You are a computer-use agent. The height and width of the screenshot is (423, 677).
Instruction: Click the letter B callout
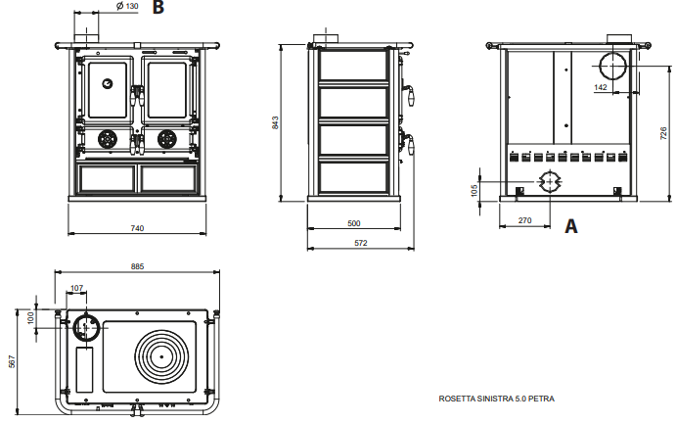pyautogui.click(x=158, y=8)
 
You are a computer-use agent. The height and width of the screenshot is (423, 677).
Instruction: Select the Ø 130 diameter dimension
pyautogui.click(x=126, y=6)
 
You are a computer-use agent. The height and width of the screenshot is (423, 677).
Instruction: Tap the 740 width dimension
pyautogui.click(x=137, y=228)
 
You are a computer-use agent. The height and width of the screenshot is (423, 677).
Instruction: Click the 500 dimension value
pyautogui.click(x=354, y=222)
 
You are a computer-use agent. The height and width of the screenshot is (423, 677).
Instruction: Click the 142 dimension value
pyautogui.click(x=600, y=88)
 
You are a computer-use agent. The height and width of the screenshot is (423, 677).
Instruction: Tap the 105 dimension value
pyautogui.click(x=474, y=188)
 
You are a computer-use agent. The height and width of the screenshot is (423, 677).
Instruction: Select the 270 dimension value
pyautogui.click(x=524, y=221)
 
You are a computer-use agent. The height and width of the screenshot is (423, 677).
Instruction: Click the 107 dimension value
pyautogui.click(x=77, y=288)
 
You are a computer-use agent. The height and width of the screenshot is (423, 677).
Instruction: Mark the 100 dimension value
pyautogui.click(x=30, y=318)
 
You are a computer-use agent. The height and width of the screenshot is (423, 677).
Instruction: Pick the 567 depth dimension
pyautogui.click(x=12, y=360)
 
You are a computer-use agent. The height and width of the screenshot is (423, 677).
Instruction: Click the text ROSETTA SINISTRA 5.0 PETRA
pyautogui.click(x=497, y=399)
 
